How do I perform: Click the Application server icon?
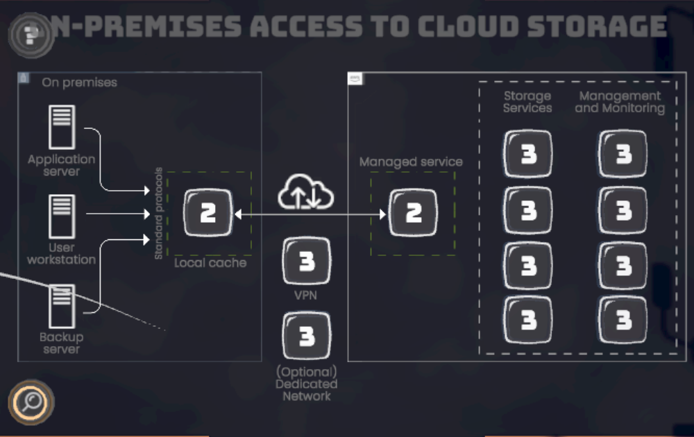pos(62,127)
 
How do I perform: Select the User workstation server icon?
pos(62,217)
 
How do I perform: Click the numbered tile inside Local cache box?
pos(208,213)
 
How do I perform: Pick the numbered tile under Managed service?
pos(414,213)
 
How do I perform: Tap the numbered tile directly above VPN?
pos(307,261)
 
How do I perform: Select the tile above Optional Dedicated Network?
pos(307,336)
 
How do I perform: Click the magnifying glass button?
pos(31,402)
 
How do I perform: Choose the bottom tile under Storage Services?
pos(528,320)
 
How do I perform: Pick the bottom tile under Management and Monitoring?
pos(623,320)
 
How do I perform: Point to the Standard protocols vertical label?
pos(158,214)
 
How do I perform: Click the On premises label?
pos(79,83)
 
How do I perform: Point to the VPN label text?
pos(306,295)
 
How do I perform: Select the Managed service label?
pos(411,162)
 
